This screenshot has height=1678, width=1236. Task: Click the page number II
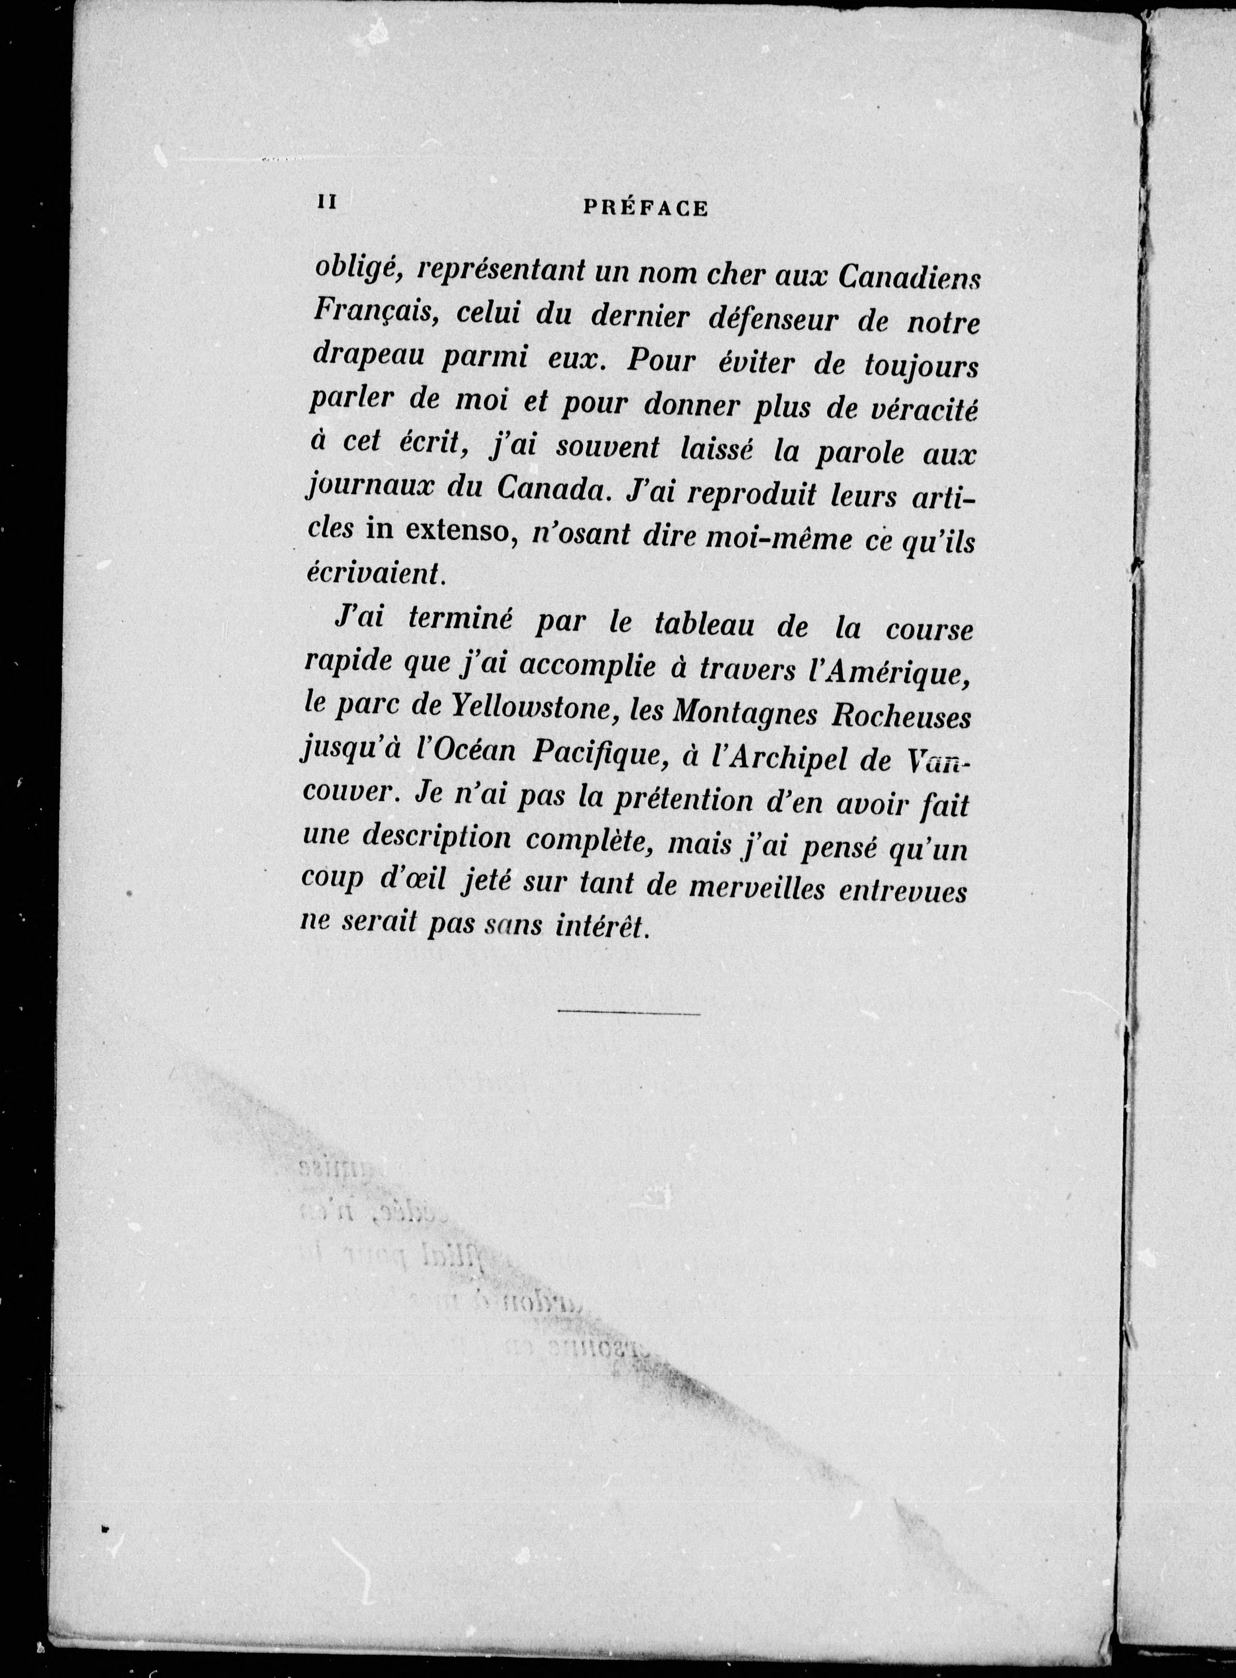(326, 203)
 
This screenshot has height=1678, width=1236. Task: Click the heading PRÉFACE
(645, 209)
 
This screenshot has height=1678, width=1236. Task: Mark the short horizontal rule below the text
(628, 1014)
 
